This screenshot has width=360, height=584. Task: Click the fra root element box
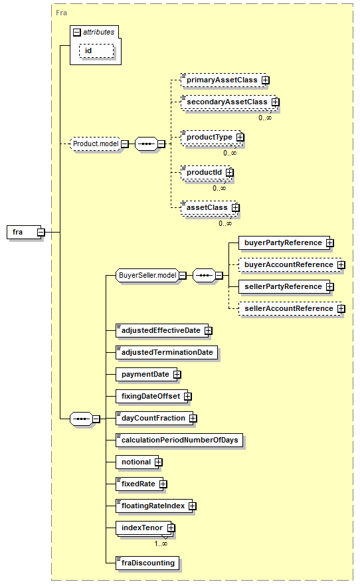click(24, 232)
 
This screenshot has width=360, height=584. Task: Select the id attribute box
click(96, 50)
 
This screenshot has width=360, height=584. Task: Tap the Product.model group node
click(96, 144)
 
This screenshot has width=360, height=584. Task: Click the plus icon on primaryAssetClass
click(266, 80)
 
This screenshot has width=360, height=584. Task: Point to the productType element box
click(211, 137)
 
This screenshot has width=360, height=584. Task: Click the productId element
click(205, 173)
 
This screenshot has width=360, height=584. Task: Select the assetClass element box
click(209, 207)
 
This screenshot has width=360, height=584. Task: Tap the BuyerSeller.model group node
click(147, 275)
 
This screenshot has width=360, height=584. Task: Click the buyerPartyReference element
click(284, 243)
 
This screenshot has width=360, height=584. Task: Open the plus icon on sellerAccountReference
click(341, 308)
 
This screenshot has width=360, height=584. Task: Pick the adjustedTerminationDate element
click(167, 352)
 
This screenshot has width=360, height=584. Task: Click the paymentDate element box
click(146, 374)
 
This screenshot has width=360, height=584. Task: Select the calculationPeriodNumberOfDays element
click(179, 440)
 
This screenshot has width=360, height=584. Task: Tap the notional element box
click(137, 462)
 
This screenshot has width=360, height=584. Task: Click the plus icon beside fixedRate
click(163, 484)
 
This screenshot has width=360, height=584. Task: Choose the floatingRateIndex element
click(154, 506)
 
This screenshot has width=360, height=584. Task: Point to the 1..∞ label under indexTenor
click(161, 543)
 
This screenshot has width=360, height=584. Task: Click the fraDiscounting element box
click(147, 563)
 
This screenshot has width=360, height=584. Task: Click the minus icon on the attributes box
click(76, 33)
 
